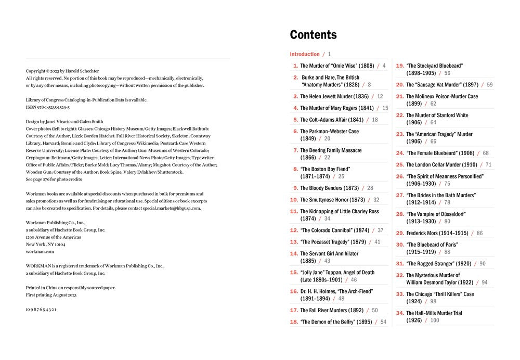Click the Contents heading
click(313, 35)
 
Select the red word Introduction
click(305, 54)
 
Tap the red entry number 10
click(294, 200)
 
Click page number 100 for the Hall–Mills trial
click(435, 320)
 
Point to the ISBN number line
click(47, 107)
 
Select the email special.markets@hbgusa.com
click(172, 208)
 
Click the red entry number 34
click(400, 313)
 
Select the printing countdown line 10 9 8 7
click(41, 310)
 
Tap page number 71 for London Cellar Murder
click(488, 165)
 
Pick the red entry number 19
click(400, 66)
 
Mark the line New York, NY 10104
click(46, 244)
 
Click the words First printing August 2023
click(51, 295)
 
